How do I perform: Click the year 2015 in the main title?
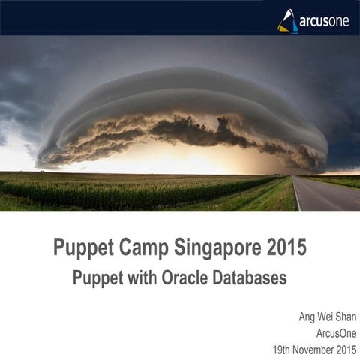pos(286,247)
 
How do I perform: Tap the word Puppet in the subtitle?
pos(98,276)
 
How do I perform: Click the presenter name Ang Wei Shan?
pos(328,316)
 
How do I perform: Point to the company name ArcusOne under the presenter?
pos(338,332)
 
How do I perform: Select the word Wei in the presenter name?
pos(328,316)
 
